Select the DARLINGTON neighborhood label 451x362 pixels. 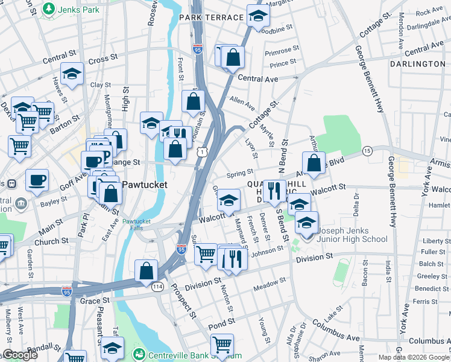click(417, 63)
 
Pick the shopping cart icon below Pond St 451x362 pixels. click(222, 344)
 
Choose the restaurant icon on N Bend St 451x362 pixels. click(274, 189)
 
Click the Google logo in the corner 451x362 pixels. click(19, 355)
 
